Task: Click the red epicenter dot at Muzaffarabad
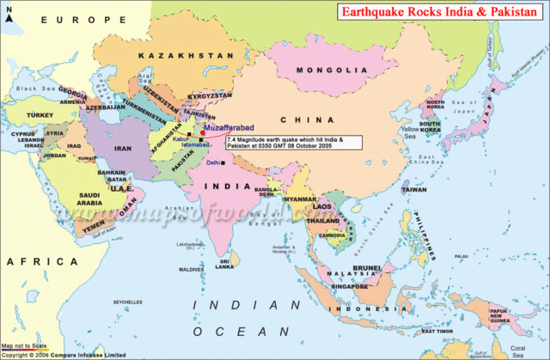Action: (202, 135)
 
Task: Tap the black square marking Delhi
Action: (221, 162)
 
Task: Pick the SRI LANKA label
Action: (225, 264)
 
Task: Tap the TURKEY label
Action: (40, 113)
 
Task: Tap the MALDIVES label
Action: (190, 269)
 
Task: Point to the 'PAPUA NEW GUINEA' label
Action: (500, 314)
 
